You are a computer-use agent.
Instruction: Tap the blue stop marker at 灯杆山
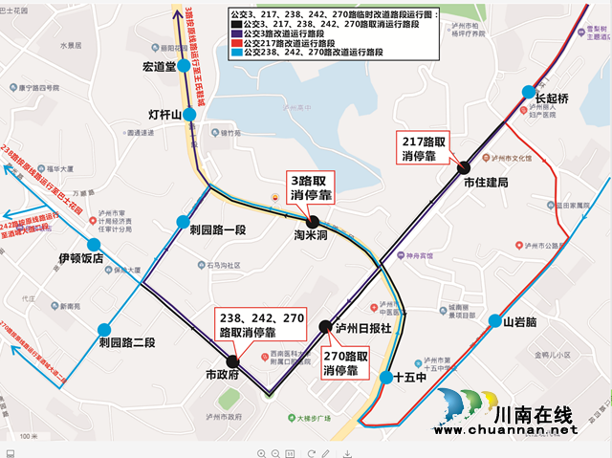tap(189, 115)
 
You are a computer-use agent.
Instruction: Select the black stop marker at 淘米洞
tap(313, 222)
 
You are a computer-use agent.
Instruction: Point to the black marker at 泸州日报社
tap(324, 325)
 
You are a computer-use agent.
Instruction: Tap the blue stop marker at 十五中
tap(384, 377)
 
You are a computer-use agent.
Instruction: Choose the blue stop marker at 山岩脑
tap(494, 321)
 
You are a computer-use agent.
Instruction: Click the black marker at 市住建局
tap(463, 166)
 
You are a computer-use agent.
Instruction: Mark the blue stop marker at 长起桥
tap(527, 93)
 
